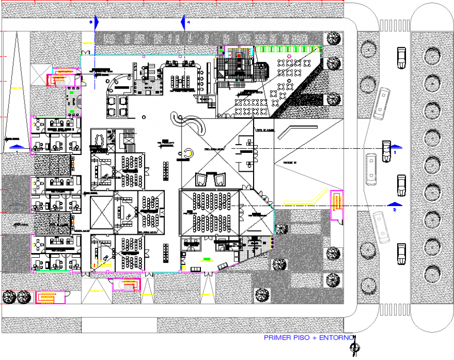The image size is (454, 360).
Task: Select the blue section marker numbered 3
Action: point(94,22)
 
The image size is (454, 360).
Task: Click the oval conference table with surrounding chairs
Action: point(98,139)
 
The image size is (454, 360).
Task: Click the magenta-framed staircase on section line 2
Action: point(336,201)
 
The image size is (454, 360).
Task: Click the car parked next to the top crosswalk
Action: point(401,57)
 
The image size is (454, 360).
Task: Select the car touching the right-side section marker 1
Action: point(386,151)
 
